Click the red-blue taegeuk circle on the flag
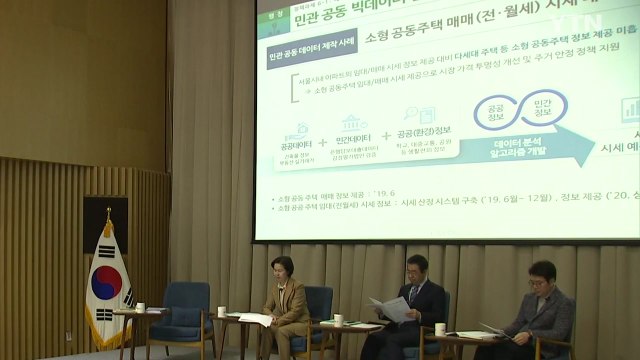(105, 283)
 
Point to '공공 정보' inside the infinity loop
(489, 113)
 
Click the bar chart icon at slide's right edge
(631, 108)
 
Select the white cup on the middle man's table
(440, 329)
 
